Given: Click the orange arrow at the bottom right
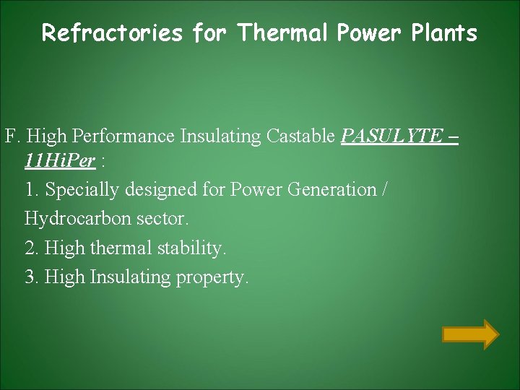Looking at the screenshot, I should tap(470, 334).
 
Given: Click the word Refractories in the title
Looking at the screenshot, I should tap(112, 33).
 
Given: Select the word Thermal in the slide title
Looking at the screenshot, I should tap(281, 33).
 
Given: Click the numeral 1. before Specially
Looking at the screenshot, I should tap(32, 190).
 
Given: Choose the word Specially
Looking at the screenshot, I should tap(82, 190).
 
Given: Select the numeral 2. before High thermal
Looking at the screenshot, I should tap(32, 248).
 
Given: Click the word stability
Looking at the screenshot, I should tap(195, 248).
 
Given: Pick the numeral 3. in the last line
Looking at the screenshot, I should tap(32, 277).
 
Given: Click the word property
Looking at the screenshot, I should tap(212, 277).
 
